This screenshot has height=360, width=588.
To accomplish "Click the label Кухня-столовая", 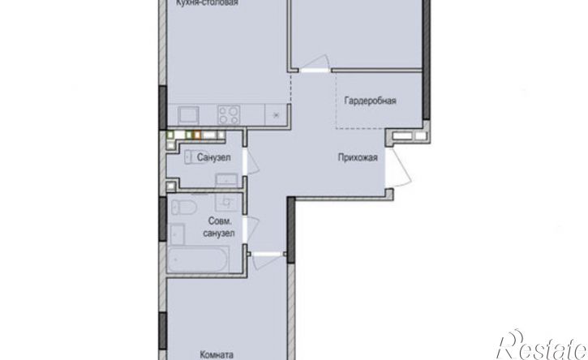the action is click(x=208, y=3).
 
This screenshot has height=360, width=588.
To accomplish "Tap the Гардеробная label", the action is click(x=370, y=101).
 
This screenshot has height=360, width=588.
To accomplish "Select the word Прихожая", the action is click(x=358, y=157).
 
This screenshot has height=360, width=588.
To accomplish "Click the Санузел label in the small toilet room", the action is click(x=214, y=157).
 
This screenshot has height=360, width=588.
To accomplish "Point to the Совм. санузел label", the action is click(x=219, y=227).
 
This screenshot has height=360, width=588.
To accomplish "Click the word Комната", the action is click(x=217, y=355).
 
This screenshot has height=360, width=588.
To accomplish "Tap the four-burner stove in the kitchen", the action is click(x=230, y=114).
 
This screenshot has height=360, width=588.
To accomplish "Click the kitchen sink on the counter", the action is click(x=188, y=115).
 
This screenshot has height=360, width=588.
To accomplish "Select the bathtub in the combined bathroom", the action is click(x=198, y=259).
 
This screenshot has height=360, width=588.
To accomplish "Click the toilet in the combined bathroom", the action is click(x=184, y=207).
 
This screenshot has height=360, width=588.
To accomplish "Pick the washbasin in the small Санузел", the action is click(x=226, y=180).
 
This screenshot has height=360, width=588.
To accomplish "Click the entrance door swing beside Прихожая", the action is click(x=399, y=167).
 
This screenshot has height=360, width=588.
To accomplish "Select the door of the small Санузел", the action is click(x=251, y=162).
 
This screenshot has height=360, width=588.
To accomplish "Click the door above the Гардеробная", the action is click(x=315, y=64).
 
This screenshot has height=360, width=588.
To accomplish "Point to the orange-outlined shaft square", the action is click(x=197, y=135).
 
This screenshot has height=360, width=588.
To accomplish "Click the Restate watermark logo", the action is click(x=542, y=345).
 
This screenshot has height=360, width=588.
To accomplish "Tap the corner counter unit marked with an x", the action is click(x=277, y=115).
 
